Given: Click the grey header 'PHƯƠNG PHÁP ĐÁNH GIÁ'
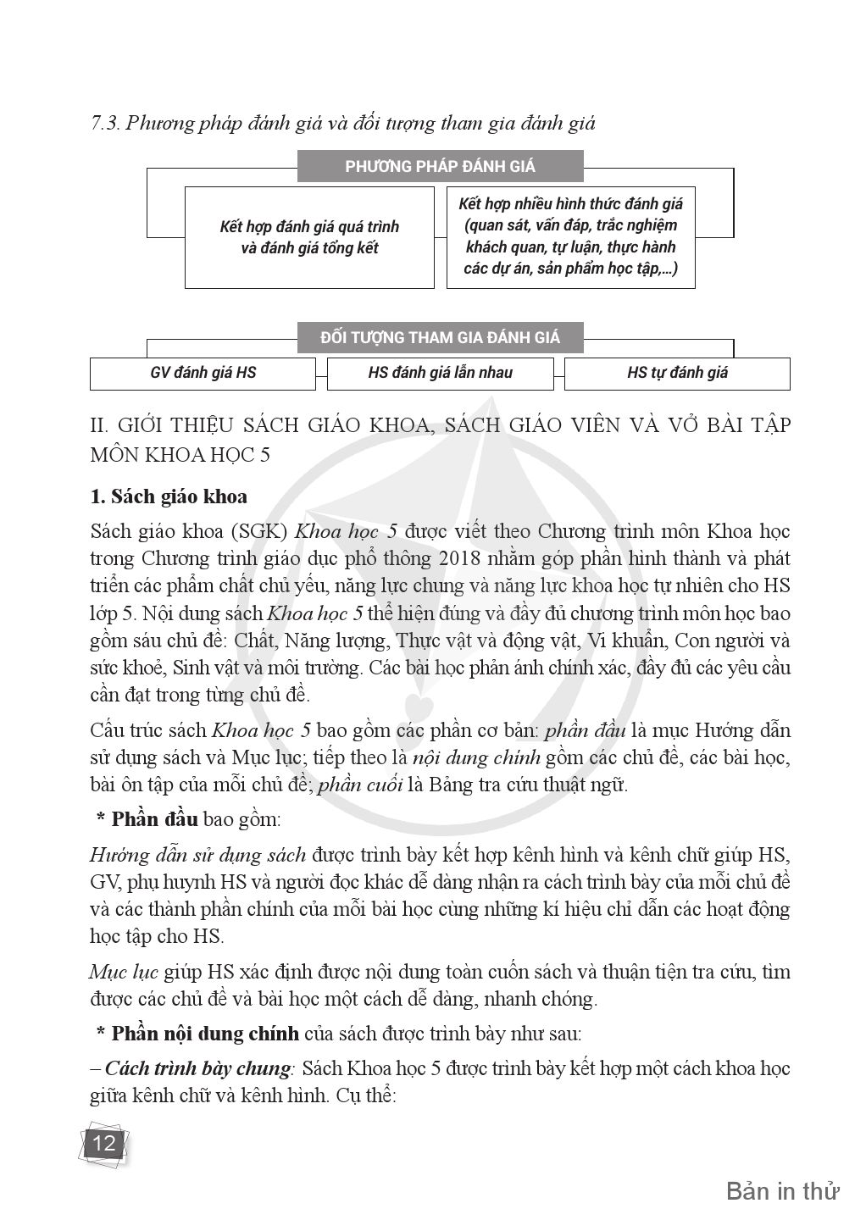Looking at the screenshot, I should tap(440, 166).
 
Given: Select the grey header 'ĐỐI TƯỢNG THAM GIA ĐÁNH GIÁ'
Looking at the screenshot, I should tap(440, 337).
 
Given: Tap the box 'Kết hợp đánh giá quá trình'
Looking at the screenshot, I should tap(308, 237).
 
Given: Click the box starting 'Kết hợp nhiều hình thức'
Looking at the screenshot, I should tap(570, 237).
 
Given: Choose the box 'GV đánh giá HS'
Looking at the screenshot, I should tap(203, 373).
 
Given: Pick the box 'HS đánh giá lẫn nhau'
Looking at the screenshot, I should tap(440, 373).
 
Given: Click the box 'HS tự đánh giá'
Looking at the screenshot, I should tap(677, 373).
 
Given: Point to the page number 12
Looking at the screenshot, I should tap(103, 1144).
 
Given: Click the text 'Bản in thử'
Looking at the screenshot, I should tap(782, 1191).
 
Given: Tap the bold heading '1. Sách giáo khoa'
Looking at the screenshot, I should tap(169, 496).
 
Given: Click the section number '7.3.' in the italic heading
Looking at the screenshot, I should tap(106, 124).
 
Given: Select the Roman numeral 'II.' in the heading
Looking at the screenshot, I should tap(101, 425).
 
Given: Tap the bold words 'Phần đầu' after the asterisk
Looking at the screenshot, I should tap(154, 819).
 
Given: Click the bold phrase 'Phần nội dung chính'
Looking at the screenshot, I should tap(204, 1034).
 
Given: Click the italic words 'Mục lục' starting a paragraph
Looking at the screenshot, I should tap(124, 971).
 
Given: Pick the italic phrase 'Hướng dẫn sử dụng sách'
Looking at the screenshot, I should tap(197, 854).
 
